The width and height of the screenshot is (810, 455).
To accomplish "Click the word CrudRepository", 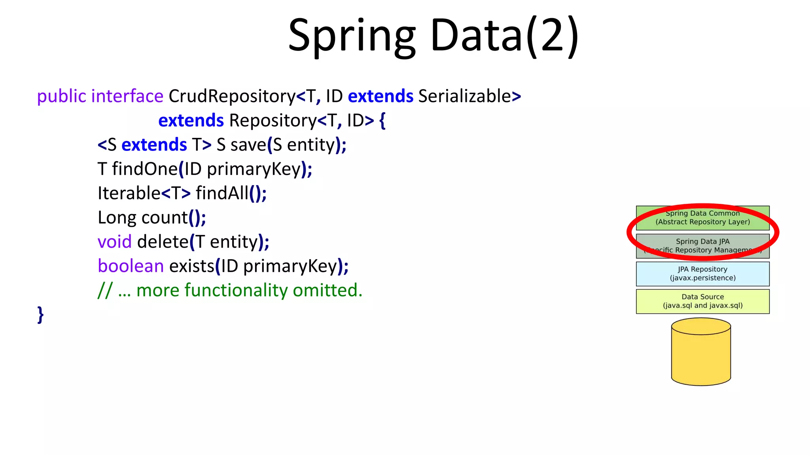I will click(x=232, y=96).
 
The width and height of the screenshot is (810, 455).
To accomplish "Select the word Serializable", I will click(x=465, y=96).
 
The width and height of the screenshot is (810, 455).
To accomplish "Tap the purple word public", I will click(x=61, y=96).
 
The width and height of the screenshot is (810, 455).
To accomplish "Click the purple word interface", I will click(x=127, y=96).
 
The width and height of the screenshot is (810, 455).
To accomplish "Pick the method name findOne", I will click(x=145, y=169).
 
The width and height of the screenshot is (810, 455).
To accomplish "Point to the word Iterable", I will click(x=129, y=194).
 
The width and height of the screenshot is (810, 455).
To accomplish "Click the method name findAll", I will click(x=222, y=194).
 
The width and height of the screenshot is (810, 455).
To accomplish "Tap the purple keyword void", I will click(x=114, y=242).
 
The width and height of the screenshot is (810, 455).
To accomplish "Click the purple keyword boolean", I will click(x=131, y=266).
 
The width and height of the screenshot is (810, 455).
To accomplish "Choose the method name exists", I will click(x=192, y=266).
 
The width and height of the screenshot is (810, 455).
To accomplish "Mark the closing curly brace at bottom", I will click(x=40, y=315).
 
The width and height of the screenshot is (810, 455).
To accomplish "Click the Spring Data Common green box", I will click(x=702, y=218).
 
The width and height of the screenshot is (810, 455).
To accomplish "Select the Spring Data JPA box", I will click(x=702, y=246).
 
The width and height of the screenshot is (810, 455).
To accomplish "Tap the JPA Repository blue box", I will click(x=702, y=274).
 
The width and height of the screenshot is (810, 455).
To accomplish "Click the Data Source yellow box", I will click(x=702, y=301).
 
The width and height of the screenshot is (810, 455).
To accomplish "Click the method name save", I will click(x=248, y=145).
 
